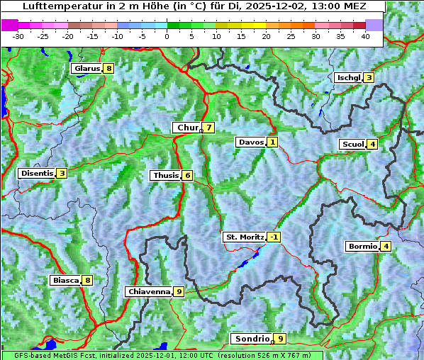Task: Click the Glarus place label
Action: (86, 69)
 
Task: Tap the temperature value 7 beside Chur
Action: (209, 128)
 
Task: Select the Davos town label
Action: (251, 142)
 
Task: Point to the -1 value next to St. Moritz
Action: (274, 237)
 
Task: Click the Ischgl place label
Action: (349, 77)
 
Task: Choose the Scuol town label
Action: (353, 144)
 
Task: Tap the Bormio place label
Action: (362, 247)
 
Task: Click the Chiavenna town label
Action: (149, 291)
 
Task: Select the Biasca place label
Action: (65, 280)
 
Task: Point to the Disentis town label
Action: (37, 173)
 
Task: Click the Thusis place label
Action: (165, 175)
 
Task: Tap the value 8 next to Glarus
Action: (108, 69)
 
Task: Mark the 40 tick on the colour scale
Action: (365, 35)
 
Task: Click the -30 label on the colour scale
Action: (18, 35)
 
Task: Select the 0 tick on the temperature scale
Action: (167, 35)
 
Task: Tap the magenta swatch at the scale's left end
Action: (9, 24)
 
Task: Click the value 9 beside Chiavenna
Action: (179, 291)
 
